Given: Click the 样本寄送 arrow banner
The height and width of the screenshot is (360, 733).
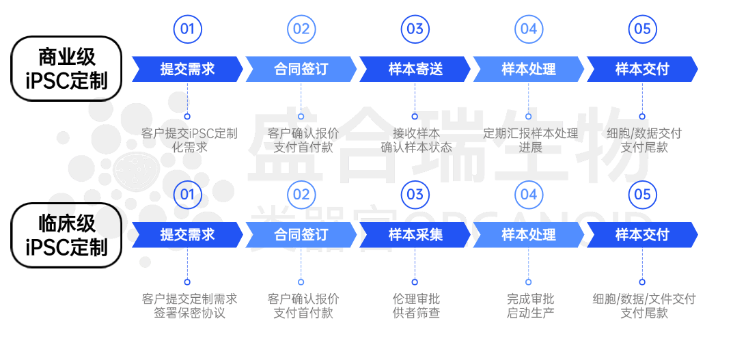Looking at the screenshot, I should click(x=415, y=69).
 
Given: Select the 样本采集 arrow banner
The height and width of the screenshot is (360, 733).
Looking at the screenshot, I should click(x=415, y=235).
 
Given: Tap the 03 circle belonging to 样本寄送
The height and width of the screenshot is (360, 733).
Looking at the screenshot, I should click(x=415, y=29).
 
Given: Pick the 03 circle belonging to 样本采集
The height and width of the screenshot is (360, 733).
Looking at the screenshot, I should click(x=415, y=195).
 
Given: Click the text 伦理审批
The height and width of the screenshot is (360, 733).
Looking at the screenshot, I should click(x=415, y=299).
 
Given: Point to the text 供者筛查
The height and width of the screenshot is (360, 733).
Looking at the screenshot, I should click(x=415, y=314).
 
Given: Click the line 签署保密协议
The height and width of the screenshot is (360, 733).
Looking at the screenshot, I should click(x=189, y=314).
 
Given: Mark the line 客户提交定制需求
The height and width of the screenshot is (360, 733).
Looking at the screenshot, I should click(x=189, y=299).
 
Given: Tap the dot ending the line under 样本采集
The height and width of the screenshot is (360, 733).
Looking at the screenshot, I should click(x=415, y=281).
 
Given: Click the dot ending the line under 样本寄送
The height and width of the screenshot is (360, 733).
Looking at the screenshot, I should click(x=415, y=116).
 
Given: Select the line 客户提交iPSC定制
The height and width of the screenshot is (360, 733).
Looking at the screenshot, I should click(x=189, y=133).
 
